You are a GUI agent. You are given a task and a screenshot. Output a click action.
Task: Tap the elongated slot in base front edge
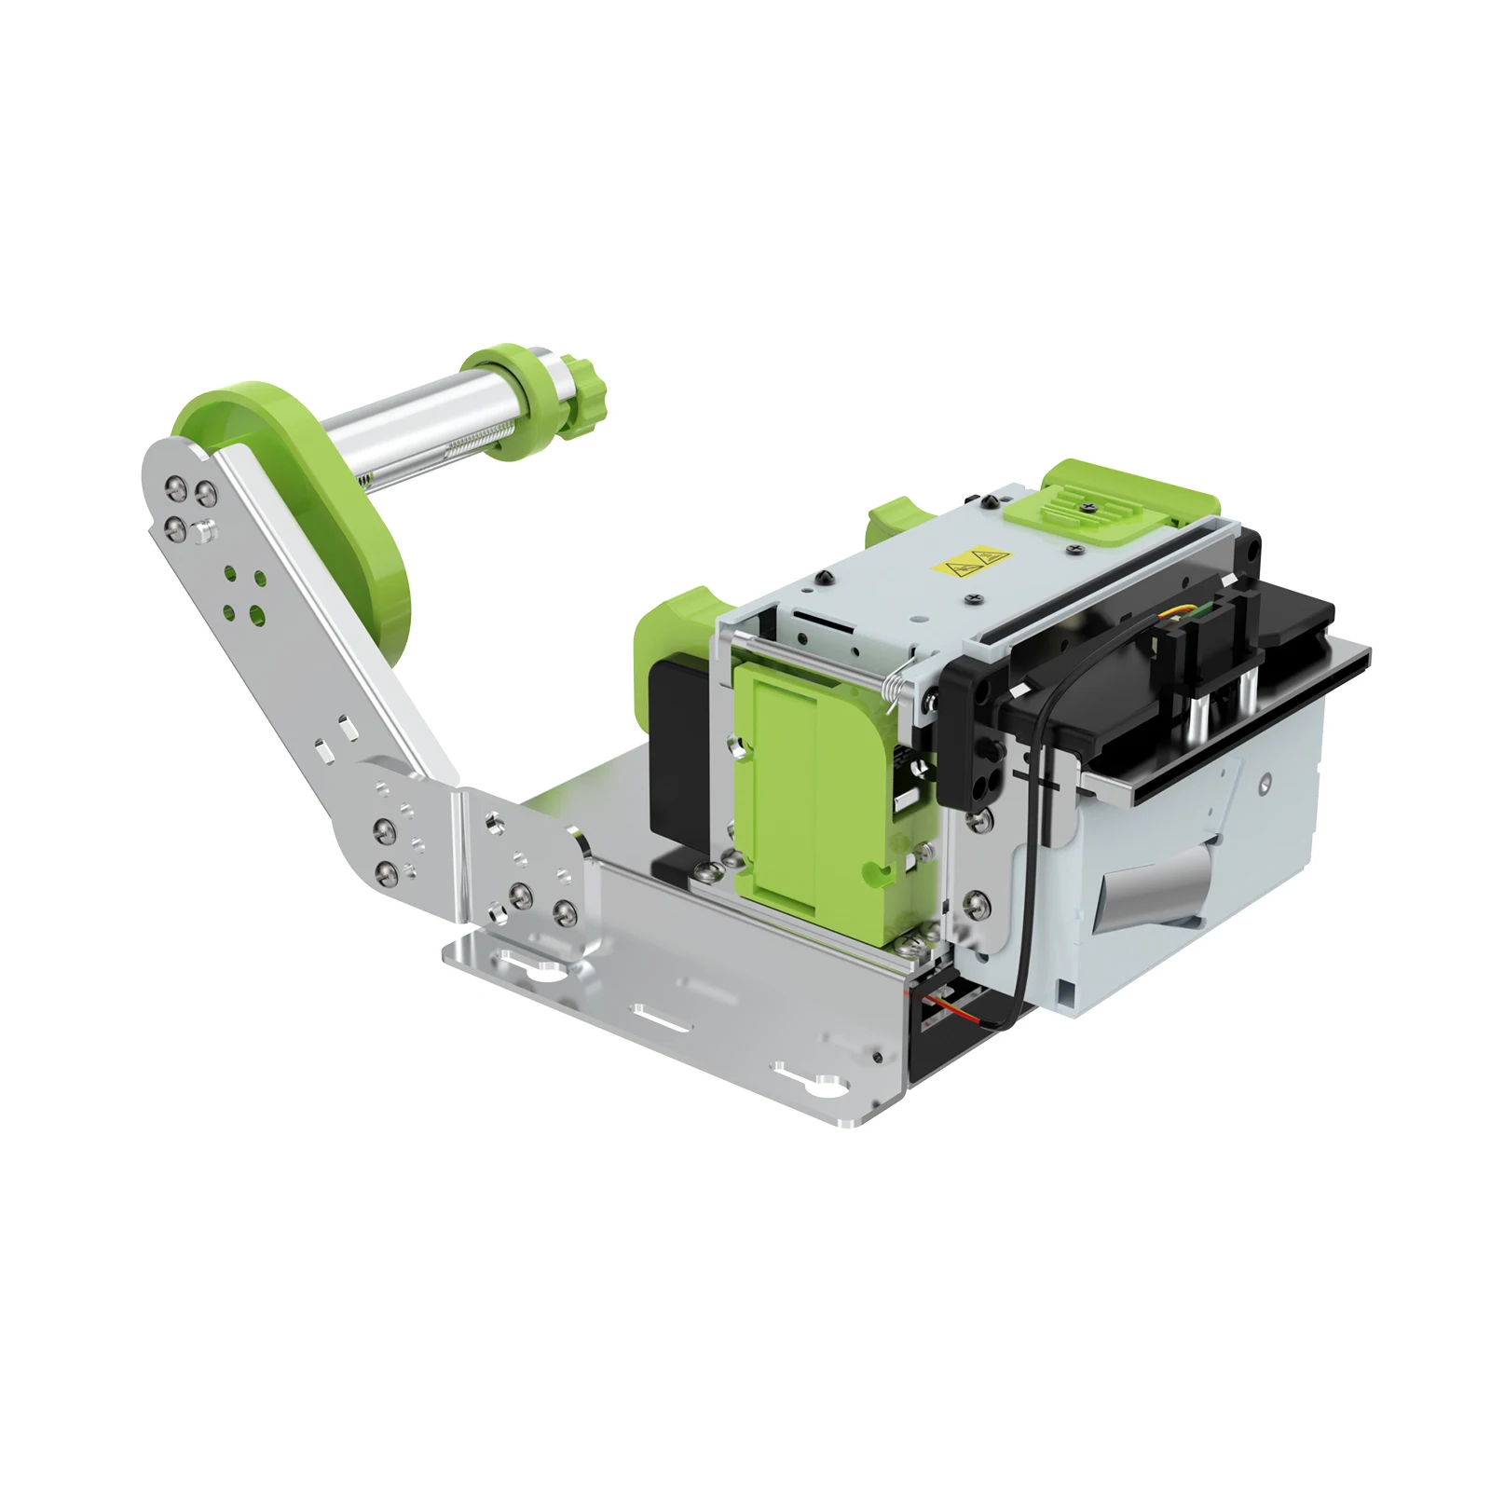tap(661, 1015)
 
